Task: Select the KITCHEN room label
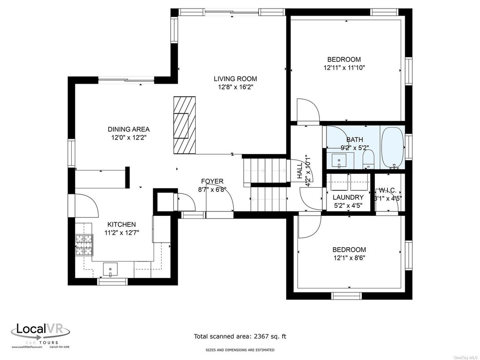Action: point(121,224)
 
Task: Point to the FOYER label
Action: point(212,181)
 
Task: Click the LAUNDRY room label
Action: point(348,197)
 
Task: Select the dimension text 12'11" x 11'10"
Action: point(344,68)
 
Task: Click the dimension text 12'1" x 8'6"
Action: point(349,258)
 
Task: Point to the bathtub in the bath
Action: point(392,148)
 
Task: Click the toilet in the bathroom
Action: point(368,159)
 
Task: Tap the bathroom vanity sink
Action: point(340,160)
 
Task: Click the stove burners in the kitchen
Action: point(84,245)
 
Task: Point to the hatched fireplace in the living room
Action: point(184,124)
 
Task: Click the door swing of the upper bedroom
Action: point(307,111)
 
